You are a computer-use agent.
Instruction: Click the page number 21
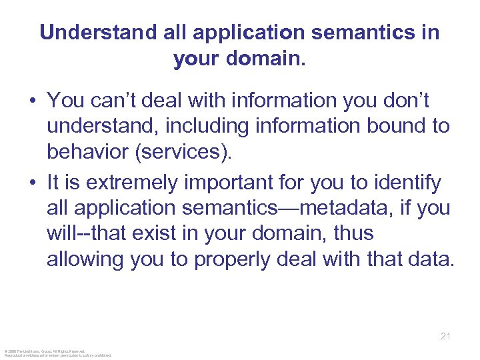[x=445, y=336]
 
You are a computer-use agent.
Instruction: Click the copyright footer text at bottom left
[x=57, y=353]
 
